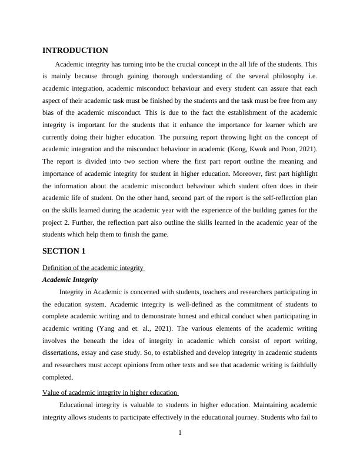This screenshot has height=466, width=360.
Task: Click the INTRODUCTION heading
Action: [x=75, y=51]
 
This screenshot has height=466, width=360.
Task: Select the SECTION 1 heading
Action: [x=64, y=251]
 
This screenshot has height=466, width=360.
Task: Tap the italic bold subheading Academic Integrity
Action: [x=70, y=279]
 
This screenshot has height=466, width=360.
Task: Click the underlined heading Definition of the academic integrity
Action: [x=94, y=268]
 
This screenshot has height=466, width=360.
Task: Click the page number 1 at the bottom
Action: [x=180, y=434]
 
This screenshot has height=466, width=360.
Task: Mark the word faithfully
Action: [x=302, y=365]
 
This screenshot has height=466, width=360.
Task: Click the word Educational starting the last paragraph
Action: [x=79, y=405]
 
